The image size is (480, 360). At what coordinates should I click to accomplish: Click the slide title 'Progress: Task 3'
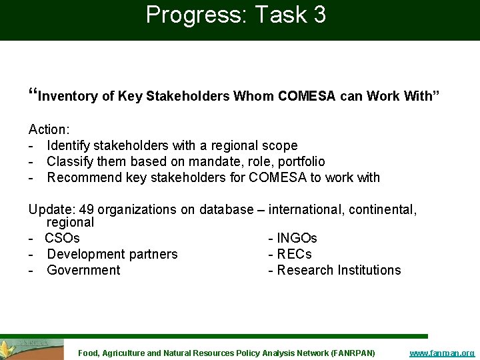point(236,15)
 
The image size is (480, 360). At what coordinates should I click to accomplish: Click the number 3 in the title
point(318,15)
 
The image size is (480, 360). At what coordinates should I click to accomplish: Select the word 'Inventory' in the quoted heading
point(69,97)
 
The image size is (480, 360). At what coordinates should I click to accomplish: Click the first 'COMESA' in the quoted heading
point(307,97)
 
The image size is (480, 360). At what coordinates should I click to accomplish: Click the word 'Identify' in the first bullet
point(69,145)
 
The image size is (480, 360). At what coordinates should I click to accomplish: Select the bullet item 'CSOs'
point(63,238)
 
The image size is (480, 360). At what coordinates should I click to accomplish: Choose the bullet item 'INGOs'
point(297,238)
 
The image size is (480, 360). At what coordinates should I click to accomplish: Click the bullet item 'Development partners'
point(112,254)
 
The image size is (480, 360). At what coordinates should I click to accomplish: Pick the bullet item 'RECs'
point(294,254)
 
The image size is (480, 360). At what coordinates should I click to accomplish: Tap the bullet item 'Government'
point(83,270)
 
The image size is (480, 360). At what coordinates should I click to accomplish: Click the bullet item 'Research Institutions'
point(339,270)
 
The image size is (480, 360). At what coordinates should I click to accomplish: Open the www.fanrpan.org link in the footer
point(441,353)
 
